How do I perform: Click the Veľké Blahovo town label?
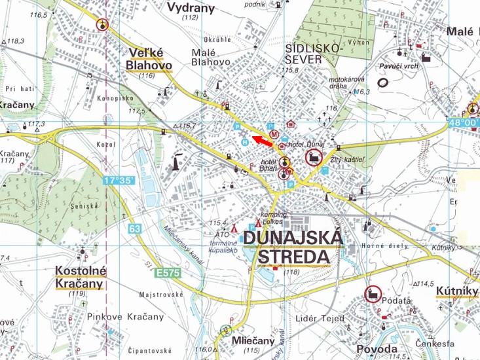[x=149, y=58]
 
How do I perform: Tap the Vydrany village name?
[x=191, y=7]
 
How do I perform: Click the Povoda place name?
[x=377, y=349]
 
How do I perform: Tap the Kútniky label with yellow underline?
[x=458, y=291]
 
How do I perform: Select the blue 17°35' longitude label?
[x=119, y=179]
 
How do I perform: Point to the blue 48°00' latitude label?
[x=462, y=122]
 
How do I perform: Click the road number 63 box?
[x=135, y=229]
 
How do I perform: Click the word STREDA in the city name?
[x=295, y=256]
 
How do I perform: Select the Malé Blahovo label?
[x=210, y=57]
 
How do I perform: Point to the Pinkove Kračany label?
[x=126, y=317]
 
